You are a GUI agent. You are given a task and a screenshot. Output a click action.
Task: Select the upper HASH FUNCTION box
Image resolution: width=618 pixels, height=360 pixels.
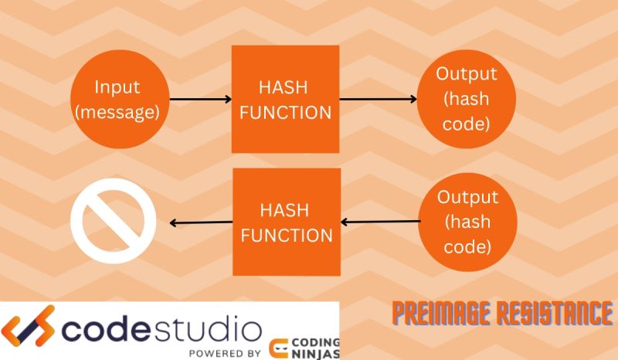pos(285,99)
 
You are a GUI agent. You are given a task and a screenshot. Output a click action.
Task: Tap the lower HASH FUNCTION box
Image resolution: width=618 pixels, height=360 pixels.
pos(287,222)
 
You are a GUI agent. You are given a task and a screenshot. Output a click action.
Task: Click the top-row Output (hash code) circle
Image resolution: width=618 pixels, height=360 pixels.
pos(466,99)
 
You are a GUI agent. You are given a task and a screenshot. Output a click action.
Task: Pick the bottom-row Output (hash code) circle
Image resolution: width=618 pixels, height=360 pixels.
pos(467,222)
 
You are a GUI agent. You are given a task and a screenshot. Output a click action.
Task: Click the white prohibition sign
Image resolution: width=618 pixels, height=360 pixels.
pos(114,222)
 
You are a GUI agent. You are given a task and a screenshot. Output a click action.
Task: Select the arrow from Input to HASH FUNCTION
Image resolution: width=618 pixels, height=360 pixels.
pos(200,99)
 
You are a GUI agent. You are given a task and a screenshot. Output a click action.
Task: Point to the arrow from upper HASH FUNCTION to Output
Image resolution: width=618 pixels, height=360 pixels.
pos(379,99)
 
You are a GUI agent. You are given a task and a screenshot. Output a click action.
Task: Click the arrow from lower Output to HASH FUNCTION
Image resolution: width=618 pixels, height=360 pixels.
pos(381,222)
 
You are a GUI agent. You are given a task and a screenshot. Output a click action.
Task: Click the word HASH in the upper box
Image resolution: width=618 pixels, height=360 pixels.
pos(285,87)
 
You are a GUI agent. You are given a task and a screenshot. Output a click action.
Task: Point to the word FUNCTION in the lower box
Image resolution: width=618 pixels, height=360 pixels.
pos(287,235)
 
